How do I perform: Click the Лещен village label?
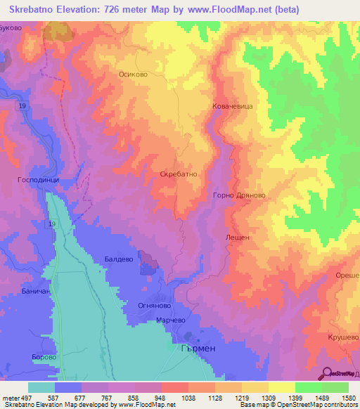pos(237,238)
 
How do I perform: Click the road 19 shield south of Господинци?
pos(52,223)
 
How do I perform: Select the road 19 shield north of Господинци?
pos(22,105)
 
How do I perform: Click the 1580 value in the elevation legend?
pos(348,397)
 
